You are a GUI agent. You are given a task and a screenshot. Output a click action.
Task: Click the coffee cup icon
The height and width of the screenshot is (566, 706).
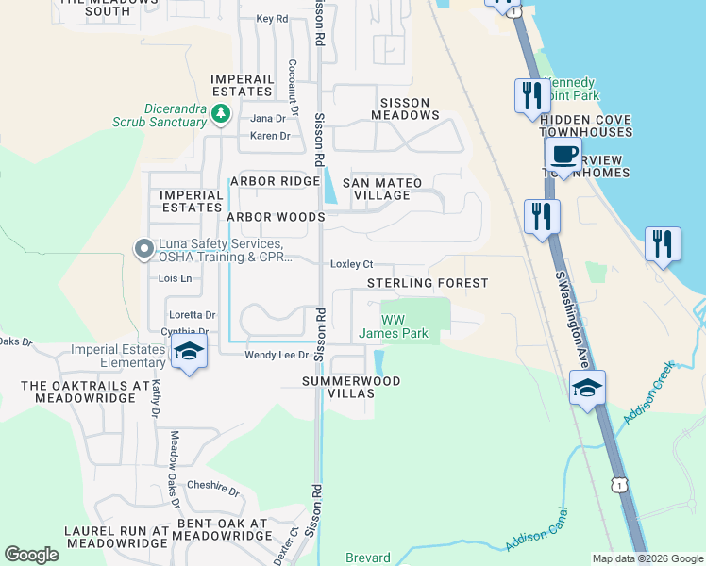(x=563, y=156)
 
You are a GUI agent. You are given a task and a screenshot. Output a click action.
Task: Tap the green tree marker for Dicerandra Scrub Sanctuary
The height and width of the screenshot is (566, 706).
(x=221, y=114)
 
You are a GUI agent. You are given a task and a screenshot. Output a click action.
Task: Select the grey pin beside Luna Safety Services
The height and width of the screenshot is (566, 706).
(x=143, y=249)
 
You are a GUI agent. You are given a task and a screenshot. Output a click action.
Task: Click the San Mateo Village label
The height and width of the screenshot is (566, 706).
(x=376, y=189)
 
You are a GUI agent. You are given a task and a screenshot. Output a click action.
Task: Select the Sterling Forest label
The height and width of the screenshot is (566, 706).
(x=428, y=283)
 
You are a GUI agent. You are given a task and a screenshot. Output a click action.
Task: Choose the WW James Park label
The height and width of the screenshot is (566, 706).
(x=394, y=326)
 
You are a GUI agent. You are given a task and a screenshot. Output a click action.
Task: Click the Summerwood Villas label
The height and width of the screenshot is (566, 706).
(x=351, y=388)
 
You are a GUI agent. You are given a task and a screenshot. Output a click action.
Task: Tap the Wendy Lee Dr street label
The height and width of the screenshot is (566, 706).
(x=277, y=355)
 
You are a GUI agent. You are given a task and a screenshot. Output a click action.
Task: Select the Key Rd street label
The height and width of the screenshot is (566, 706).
(x=271, y=19)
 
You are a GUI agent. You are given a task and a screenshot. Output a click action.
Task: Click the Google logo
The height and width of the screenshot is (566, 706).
(x=31, y=555)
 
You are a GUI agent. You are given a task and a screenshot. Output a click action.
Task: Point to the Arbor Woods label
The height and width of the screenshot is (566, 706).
(x=276, y=217)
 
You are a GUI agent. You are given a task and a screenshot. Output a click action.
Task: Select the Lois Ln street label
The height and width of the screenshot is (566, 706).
(x=175, y=278)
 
